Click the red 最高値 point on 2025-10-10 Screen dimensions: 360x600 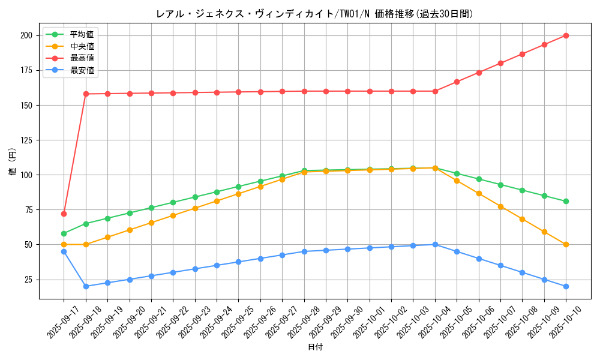coord(566,35)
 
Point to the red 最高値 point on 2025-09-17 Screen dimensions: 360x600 coord(64,214)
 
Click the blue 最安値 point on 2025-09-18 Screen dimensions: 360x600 coord(86,286)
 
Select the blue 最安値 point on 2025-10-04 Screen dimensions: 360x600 coord(435,244)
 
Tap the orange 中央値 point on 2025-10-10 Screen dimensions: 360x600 coord(566,244)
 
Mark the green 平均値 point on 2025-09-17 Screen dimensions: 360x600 coord(64,233)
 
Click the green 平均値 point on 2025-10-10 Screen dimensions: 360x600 coord(566,201)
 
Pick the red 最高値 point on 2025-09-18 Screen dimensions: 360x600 coord(86,94)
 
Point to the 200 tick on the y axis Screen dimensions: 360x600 coord(25,35)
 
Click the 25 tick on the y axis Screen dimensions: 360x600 coord(28,280)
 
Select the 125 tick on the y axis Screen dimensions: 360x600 coord(25,140)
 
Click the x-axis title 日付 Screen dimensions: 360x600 coord(315,347)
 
